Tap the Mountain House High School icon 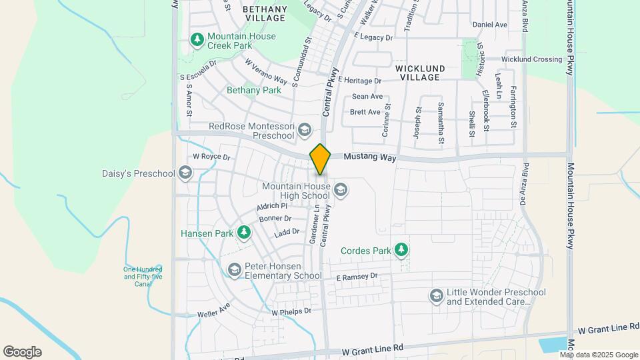[341, 191]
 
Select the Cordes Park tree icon [401, 250]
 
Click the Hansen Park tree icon [245, 232]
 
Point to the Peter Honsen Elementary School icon [234, 270]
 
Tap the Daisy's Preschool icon [185, 174]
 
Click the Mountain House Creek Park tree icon [197, 40]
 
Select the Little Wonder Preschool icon [436, 296]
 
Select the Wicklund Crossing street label [531, 59]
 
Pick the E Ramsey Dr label [357, 276]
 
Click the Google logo [22, 352]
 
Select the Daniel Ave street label [490, 25]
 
